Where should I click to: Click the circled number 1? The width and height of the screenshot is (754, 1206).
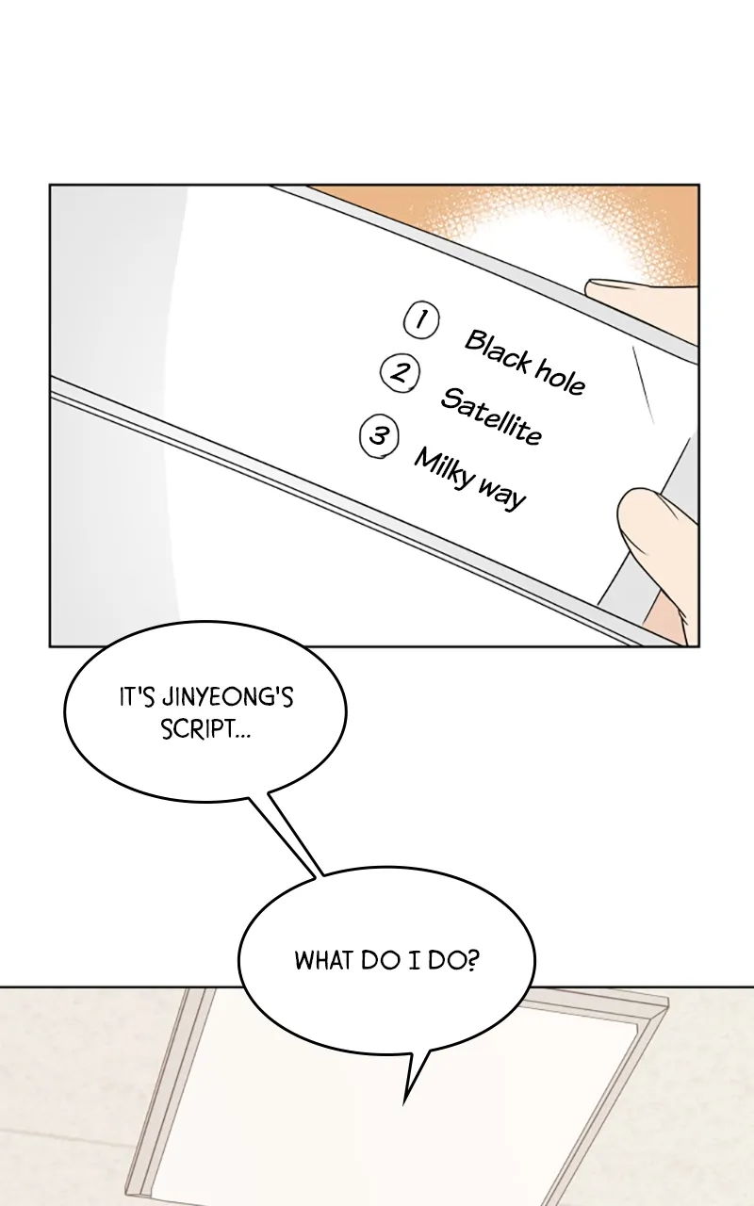421,320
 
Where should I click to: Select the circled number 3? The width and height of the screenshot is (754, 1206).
380,435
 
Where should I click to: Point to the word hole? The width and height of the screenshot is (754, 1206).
559,379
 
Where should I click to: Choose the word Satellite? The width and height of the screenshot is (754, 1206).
491,416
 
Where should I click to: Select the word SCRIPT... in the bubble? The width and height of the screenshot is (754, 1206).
205,730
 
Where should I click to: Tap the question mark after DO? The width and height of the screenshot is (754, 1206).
472,960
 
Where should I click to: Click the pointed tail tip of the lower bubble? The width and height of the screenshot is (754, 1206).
404,1105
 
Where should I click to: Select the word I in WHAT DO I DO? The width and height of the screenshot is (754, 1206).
417,960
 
